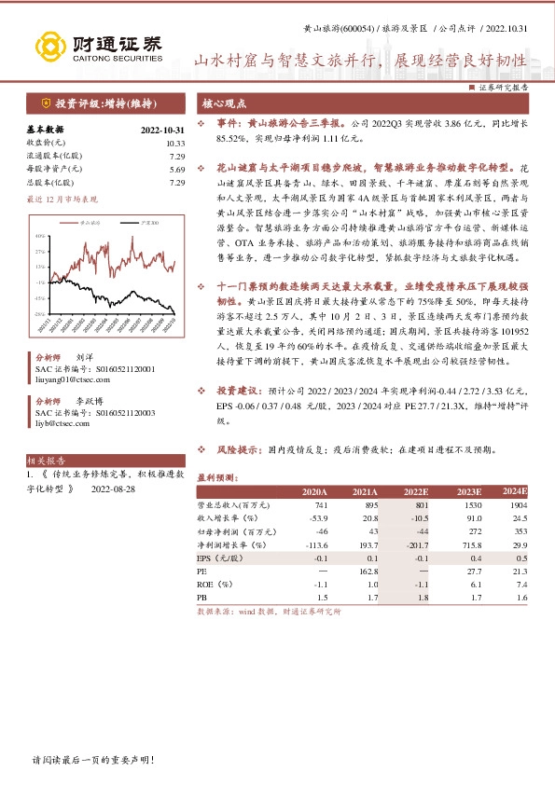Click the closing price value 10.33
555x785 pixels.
click(175, 143)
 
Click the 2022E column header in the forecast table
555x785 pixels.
click(415, 491)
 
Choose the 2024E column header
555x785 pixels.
click(515, 491)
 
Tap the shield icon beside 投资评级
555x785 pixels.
click(46, 103)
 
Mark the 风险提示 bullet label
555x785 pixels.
click(240, 449)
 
